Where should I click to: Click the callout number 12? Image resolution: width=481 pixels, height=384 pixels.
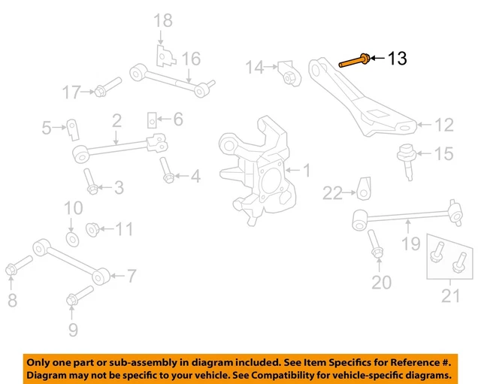pyautogui.click(x=445, y=125)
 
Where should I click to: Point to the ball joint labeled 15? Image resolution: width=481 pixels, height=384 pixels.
pyautogui.click(x=407, y=155)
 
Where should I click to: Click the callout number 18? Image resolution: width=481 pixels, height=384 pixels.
pyautogui.click(x=163, y=20)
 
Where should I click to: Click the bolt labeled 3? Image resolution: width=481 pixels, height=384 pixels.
pyautogui.click(x=90, y=182)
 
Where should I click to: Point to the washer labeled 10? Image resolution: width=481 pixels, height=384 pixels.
pyautogui.click(x=72, y=239)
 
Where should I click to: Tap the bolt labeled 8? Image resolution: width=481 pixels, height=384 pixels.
pyautogui.click(x=17, y=267)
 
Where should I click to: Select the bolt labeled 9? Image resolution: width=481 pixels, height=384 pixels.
pyautogui.click(x=76, y=296)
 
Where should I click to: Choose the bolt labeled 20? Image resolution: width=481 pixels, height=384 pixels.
pyautogui.click(x=375, y=247)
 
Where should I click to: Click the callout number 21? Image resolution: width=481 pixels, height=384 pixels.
pyautogui.click(x=449, y=297)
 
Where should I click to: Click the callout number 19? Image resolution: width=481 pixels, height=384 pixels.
pyautogui.click(x=410, y=243)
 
